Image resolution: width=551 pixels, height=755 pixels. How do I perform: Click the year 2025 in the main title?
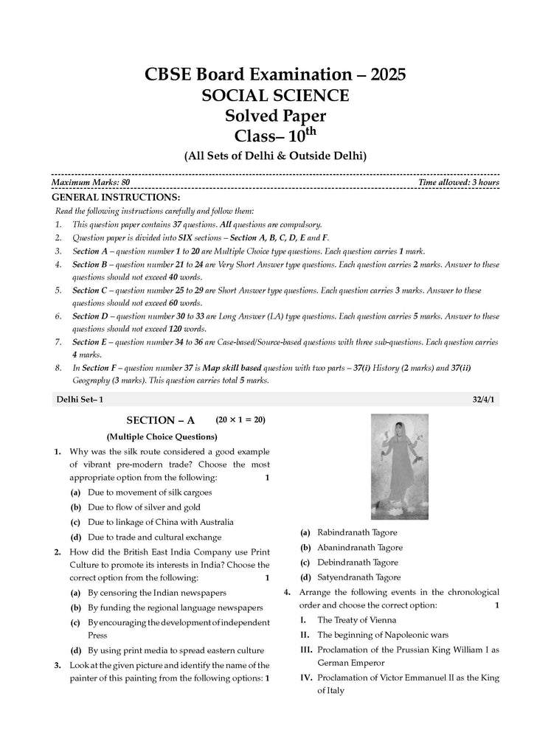coord(380,74)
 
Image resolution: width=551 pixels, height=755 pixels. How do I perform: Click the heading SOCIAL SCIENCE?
coord(276,96)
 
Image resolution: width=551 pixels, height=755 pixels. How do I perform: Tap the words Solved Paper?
coord(275,116)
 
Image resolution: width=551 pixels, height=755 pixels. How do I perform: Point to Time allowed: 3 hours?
coord(458,182)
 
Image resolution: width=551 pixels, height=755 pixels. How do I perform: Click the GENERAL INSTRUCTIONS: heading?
coord(115,198)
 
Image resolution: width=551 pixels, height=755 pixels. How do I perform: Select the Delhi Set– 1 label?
coord(80,400)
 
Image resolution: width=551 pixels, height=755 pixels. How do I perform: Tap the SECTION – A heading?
coord(161,420)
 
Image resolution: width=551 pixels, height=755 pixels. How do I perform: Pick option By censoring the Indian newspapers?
coord(156,592)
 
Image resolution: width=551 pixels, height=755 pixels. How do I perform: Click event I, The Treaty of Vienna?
coord(356,620)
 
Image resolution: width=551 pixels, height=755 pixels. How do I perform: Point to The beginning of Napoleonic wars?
coord(382,635)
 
